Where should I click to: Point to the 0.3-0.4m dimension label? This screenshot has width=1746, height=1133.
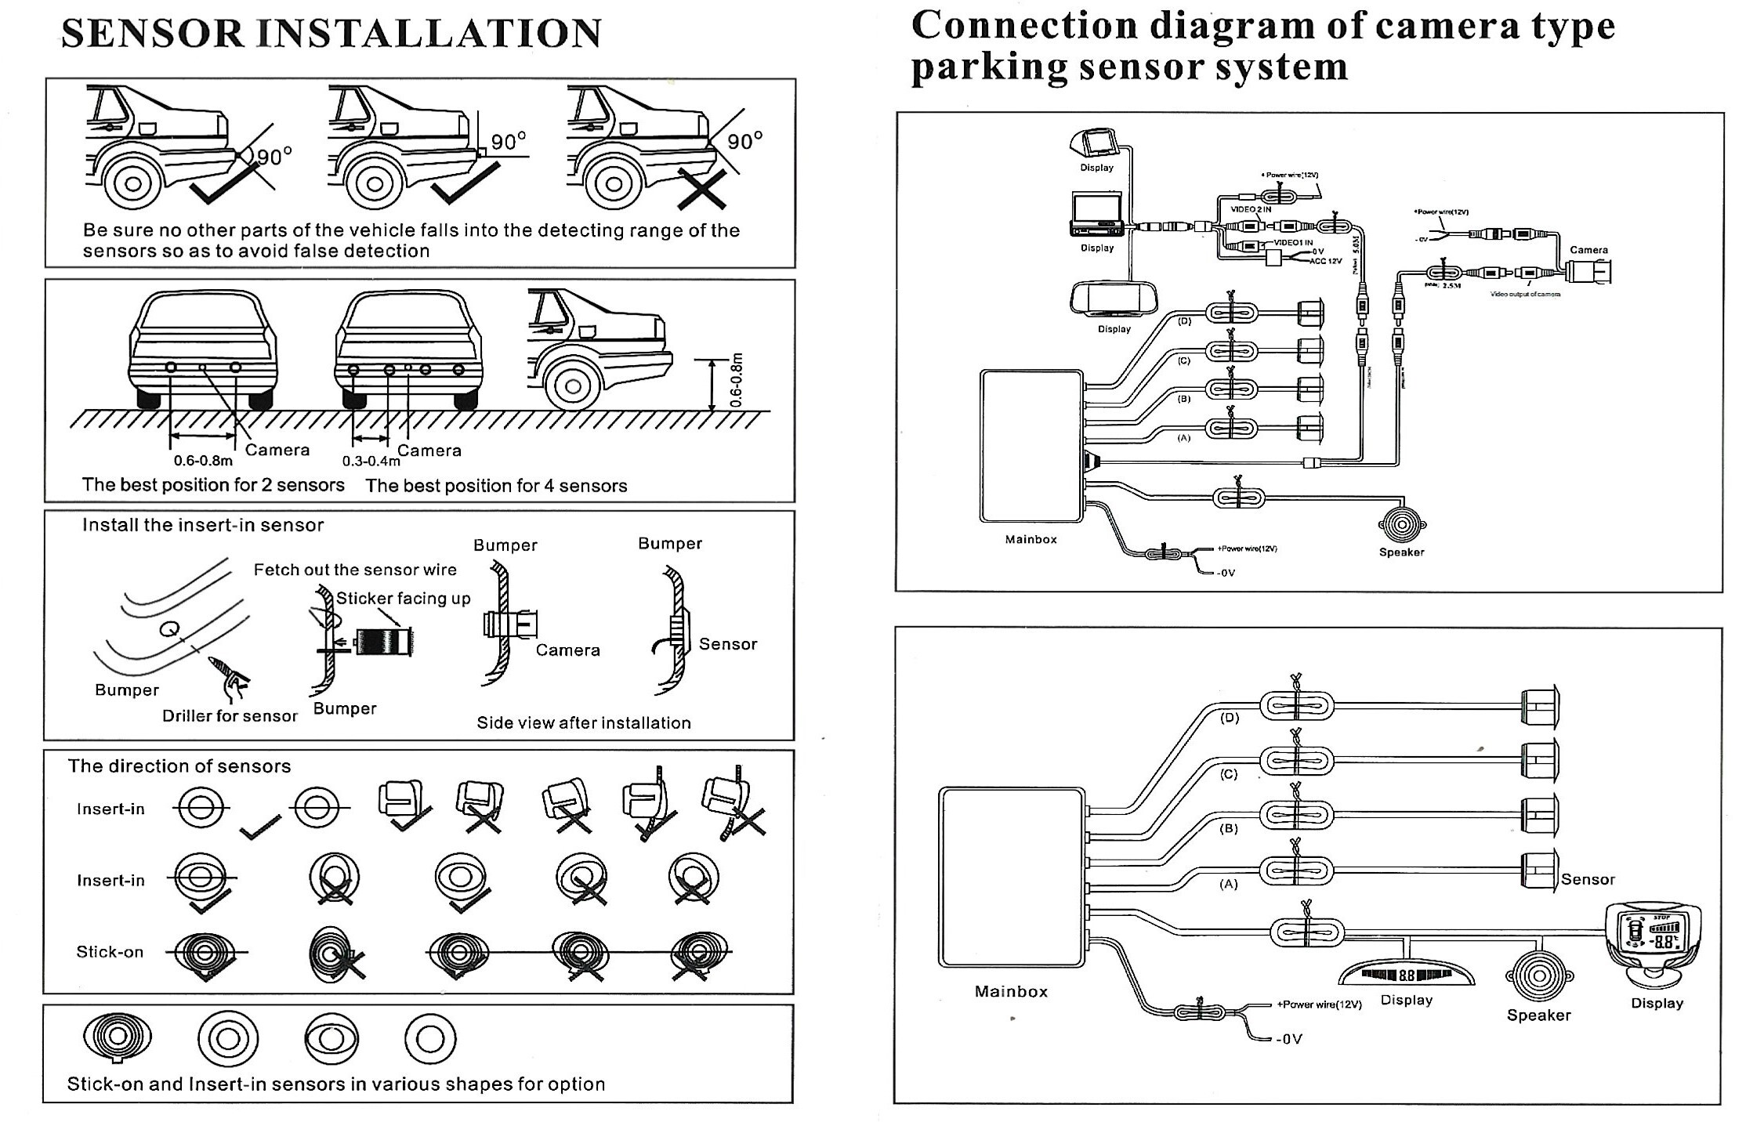pos(371,462)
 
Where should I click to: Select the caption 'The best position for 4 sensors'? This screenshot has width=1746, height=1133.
pos(496,486)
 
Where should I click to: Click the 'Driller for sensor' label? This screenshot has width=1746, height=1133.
pos(230,716)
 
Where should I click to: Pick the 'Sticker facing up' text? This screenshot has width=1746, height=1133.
pos(404,599)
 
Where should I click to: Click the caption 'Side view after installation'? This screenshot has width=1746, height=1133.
pos(584,723)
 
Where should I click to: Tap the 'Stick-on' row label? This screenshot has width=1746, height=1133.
pos(110,952)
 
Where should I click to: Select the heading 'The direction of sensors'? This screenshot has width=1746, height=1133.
pos(179,766)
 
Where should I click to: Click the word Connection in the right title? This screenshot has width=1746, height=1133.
pos(1023,26)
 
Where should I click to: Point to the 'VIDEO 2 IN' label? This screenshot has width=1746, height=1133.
pos(1251,209)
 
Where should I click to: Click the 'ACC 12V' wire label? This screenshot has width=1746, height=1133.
pos(1326,261)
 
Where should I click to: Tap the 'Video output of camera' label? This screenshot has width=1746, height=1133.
pos(1524,295)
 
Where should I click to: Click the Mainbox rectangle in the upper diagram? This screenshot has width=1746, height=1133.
pos(1031,446)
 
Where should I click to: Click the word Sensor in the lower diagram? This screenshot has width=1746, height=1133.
pos(1588,879)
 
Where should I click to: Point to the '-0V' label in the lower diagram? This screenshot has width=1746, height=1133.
pos(1288,1039)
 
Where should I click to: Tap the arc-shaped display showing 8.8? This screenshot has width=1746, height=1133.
pos(1406,975)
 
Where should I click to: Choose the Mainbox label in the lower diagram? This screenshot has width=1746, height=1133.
pos(1011,991)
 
